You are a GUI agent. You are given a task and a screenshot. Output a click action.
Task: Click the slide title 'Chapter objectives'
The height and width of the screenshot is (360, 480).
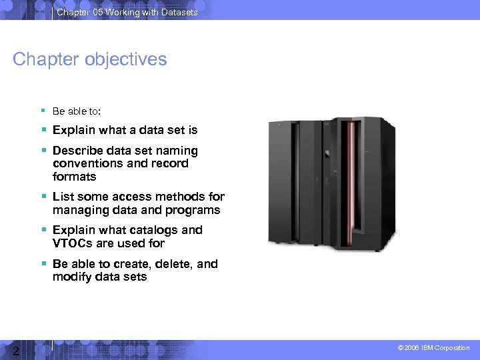(x=90, y=59)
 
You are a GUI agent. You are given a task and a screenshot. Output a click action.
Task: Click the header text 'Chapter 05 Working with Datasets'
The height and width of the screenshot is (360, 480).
(x=127, y=12)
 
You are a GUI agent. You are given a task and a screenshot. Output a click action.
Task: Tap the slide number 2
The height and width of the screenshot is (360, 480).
(x=14, y=351)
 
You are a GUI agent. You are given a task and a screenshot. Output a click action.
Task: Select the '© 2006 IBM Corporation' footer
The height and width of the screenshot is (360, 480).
(x=433, y=348)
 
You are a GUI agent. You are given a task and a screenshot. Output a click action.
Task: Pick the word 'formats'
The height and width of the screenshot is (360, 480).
(x=75, y=177)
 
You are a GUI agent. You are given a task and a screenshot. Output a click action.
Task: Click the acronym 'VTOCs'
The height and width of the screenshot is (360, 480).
(x=72, y=243)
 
